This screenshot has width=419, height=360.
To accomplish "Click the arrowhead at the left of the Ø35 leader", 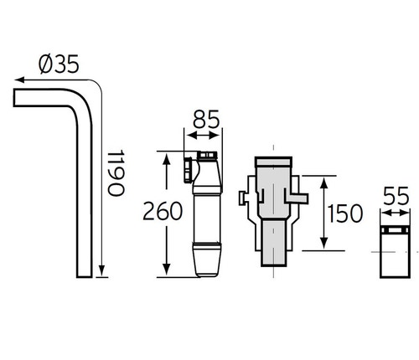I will (x=17, y=76).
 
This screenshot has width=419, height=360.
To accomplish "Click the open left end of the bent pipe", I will (x=16, y=97).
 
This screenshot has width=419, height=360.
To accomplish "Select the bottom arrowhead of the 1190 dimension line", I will (x=103, y=270).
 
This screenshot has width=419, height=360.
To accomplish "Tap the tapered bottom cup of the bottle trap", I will (x=206, y=259).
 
